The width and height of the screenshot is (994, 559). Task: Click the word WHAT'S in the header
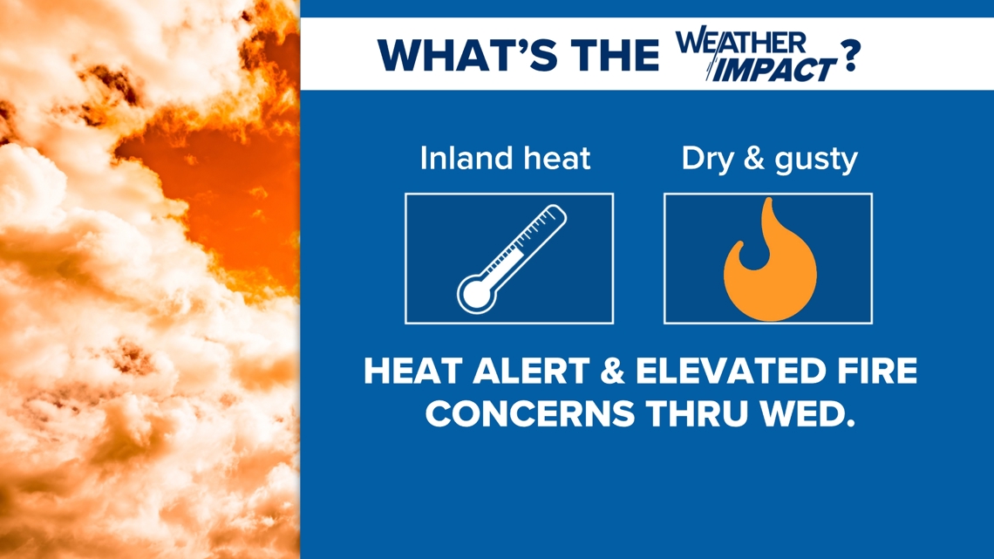coord(467,55)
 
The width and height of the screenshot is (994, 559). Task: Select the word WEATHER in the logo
coord(740,43)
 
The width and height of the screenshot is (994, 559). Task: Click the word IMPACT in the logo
coord(774,69)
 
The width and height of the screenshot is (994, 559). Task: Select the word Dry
coord(707,159)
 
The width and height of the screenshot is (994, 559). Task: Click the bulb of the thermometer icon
coord(476,293)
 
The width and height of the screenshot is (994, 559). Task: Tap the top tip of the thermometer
coord(557,208)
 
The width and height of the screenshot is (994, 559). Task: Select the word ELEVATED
coord(732,372)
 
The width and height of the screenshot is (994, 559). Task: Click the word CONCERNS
coord(530,414)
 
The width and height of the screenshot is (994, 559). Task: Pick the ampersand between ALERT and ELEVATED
coord(612,372)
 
